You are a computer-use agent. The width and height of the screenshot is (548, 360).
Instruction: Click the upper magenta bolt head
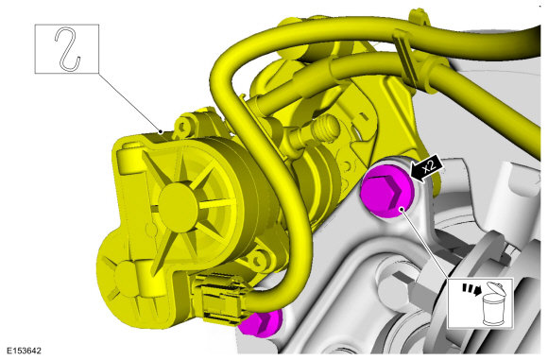pos(387,192)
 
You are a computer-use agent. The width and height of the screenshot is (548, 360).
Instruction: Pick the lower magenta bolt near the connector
pos(262,322)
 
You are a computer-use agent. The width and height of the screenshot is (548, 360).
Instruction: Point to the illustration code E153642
pos(24,351)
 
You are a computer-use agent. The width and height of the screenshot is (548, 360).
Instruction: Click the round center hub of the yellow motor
pos(178,205)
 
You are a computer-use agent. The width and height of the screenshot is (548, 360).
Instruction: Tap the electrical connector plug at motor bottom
pos(221,297)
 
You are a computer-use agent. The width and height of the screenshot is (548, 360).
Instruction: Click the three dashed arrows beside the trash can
pos(471,289)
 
